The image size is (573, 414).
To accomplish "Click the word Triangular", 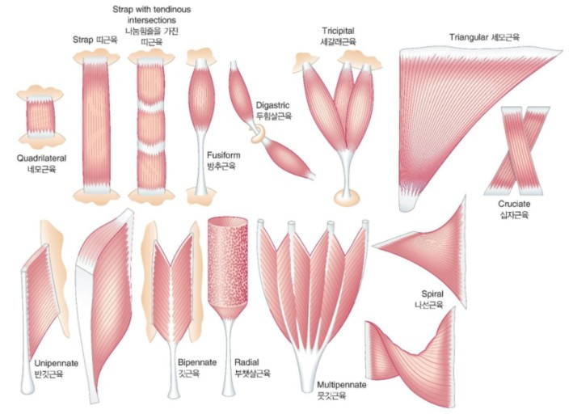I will click(x=475, y=37).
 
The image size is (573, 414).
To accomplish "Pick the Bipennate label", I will click(x=197, y=363).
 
